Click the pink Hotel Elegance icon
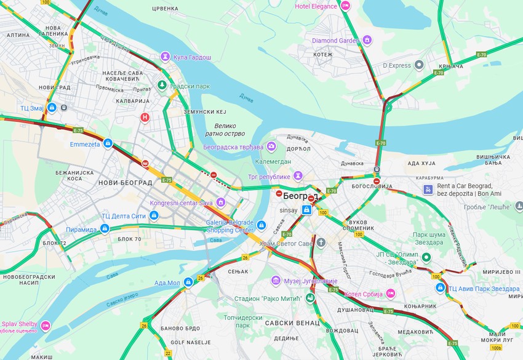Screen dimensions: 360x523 point(345,6)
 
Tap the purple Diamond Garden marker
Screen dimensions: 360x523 point(367,41)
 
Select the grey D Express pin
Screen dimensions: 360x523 point(419,65)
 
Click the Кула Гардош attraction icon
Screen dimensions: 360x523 point(165,57)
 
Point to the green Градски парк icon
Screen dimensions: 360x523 point(162,85)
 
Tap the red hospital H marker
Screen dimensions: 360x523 point(145,117)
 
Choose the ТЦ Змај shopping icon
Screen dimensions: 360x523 point(52,108)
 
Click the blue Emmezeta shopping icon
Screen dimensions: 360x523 point(108,144)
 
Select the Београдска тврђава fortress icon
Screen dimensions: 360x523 point(271,147)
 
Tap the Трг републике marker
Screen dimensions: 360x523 point(298,176)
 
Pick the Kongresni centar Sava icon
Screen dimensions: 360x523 point(220,202)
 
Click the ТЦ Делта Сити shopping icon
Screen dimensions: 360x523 point(154,215)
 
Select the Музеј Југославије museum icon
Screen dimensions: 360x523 point(276,281)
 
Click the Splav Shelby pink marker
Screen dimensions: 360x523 point(46,325)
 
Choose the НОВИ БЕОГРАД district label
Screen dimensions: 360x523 point(125,183)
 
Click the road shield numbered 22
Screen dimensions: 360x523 point(168,353)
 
